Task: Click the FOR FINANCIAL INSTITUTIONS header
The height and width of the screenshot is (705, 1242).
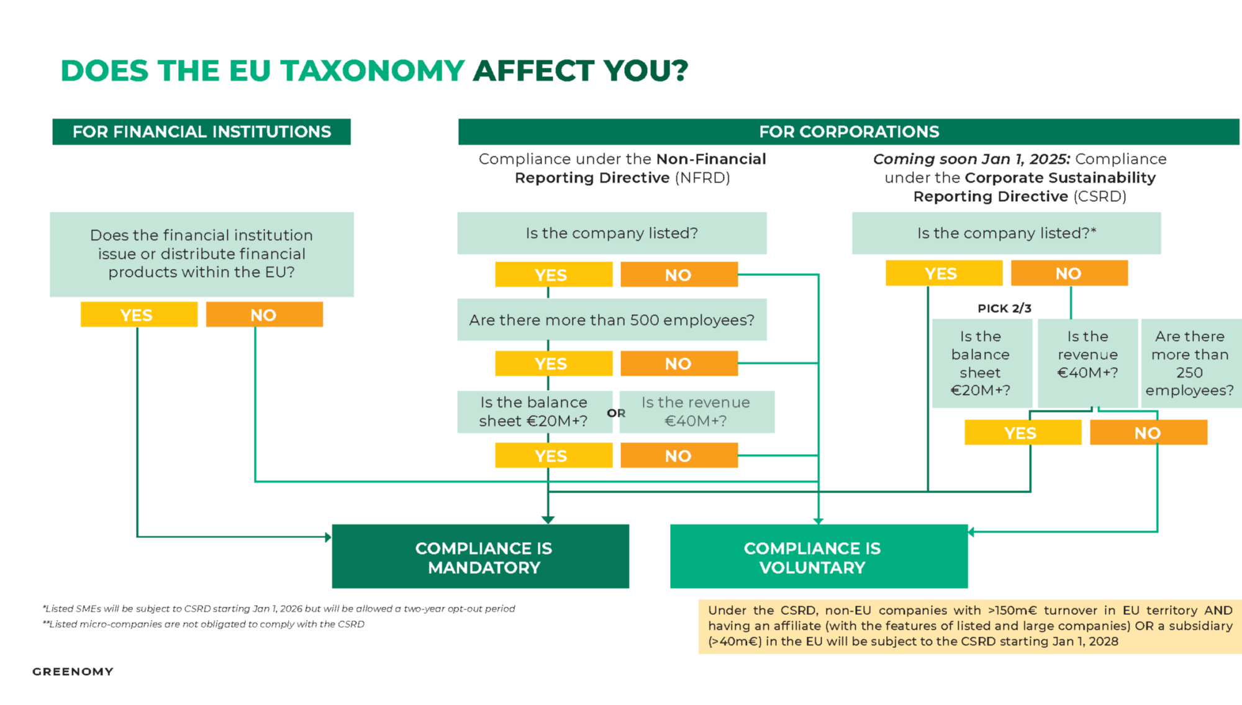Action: point(201,132)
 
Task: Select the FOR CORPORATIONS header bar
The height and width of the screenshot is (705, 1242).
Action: point(848,132)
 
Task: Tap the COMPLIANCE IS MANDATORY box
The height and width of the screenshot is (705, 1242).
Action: point(481,557)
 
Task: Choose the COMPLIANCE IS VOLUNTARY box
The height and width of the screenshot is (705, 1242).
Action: point(818,557)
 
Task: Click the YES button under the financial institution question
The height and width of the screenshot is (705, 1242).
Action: point(139,315)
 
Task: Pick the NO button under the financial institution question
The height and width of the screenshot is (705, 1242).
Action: point(264,315)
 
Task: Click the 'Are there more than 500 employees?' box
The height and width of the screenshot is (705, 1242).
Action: point(612,320)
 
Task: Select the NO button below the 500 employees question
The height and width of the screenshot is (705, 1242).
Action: point(679,363)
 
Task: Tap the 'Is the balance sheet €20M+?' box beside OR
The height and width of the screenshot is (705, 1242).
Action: point(534,412)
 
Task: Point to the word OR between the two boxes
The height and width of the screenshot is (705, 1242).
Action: point(616,413)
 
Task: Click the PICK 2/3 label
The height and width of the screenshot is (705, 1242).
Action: point(1004,308)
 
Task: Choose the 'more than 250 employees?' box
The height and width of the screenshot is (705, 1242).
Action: point(1190,363)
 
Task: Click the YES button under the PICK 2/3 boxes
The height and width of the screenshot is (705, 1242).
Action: point(1022,433)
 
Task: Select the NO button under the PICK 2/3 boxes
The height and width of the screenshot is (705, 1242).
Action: point(1148,433)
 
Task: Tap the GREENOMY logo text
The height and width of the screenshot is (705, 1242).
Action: point(73,671)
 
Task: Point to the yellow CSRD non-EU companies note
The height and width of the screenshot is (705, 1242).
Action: point(969,626)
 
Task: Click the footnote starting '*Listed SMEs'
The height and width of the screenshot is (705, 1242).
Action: point(279,609)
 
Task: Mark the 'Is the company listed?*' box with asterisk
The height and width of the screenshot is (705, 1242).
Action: point(1006,233)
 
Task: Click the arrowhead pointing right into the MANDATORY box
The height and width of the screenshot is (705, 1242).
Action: point(328,537)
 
